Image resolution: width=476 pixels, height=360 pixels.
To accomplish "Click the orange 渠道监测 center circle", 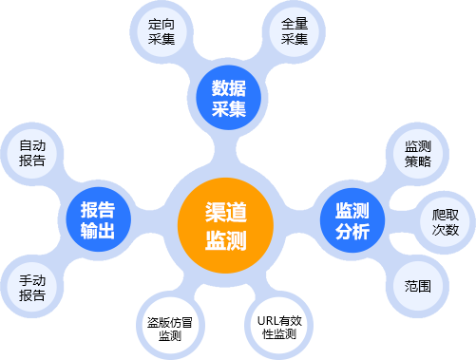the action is point(225,225).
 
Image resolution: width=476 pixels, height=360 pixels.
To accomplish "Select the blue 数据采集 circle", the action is point(229,98).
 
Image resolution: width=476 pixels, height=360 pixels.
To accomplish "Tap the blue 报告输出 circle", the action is point(99,219).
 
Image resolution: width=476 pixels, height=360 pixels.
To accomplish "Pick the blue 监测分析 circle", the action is point(352,220).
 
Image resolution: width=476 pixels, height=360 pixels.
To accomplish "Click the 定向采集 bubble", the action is point(162,31).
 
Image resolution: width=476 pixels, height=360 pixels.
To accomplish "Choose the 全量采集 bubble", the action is point(295,31).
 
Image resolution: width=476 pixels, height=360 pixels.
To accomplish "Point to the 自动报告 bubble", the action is point(32,153).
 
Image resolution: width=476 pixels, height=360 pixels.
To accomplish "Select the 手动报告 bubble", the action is point(32,288).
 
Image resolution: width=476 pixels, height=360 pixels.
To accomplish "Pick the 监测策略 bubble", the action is point(418,154).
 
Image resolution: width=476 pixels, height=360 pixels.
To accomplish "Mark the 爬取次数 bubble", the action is point(446,222).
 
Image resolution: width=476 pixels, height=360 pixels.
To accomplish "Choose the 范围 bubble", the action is point(418,287).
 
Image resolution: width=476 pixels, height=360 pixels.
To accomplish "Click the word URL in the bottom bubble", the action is point(266,321).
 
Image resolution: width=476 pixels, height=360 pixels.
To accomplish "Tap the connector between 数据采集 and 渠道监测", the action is point(225,149).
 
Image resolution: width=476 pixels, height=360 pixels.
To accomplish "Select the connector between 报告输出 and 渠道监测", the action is point(150,221).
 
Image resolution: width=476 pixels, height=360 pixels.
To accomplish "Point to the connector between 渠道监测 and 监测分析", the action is point(297,222).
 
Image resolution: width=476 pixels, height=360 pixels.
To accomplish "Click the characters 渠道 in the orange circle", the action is point(226,212).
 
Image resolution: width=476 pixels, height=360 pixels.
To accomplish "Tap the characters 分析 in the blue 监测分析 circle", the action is point(352,232).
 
